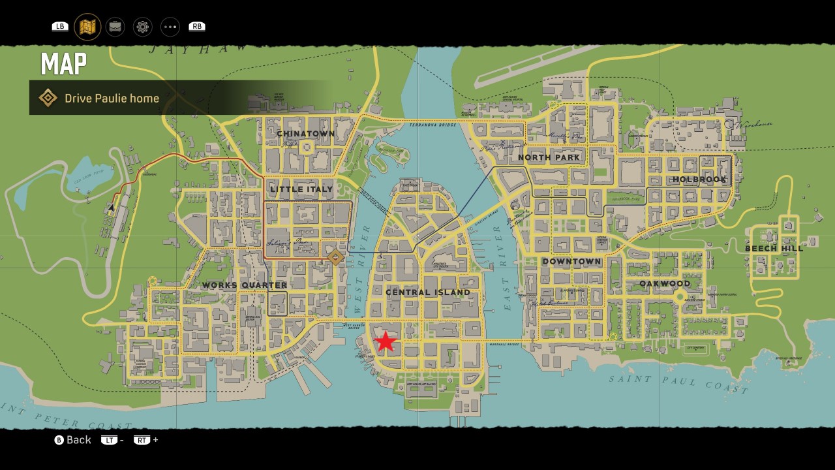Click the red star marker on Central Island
click(x=386, y=341)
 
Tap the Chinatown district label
click(x=305, y=134)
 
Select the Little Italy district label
click(x=301, y=189)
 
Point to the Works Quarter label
click(x=244, y=285)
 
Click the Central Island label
click(x=427, y=292)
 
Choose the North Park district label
click(x=549, y=157)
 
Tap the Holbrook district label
click(x=699, y=180)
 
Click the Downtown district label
click(x=571, y=262)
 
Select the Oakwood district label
click(x=665, y=284)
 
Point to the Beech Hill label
click(x=774, y=249)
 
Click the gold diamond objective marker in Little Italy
click(x=335, y=257)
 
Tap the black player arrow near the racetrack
click(x=112, y=208)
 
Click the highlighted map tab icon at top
click(x=87, y=27)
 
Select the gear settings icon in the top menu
click(x=143, y=27)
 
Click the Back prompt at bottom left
click(x=72, y=440)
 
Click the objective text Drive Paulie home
click(x=112, y=99)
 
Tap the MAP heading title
click(x=63, y=64)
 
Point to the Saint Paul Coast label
click(x=678, y=384)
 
